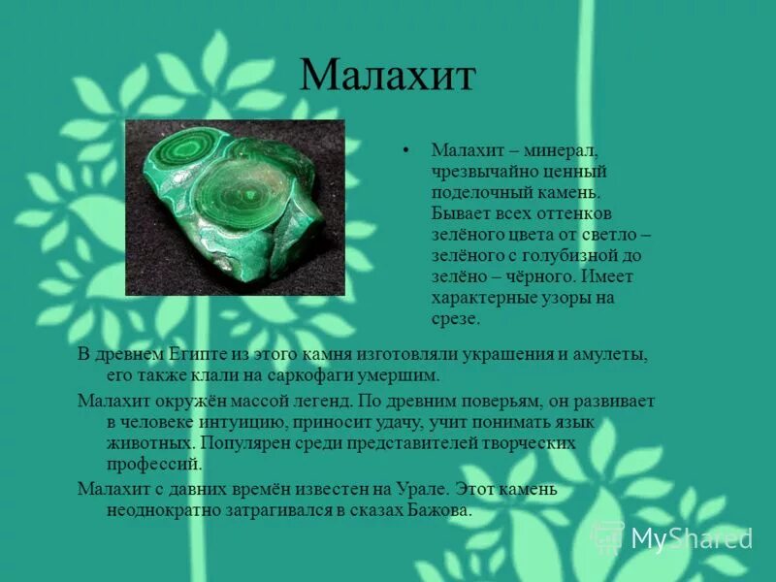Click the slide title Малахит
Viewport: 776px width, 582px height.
[x=387, y=76]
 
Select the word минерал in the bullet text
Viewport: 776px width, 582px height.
[x=564, y=149]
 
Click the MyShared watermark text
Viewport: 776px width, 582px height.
[x=691, y=538]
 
